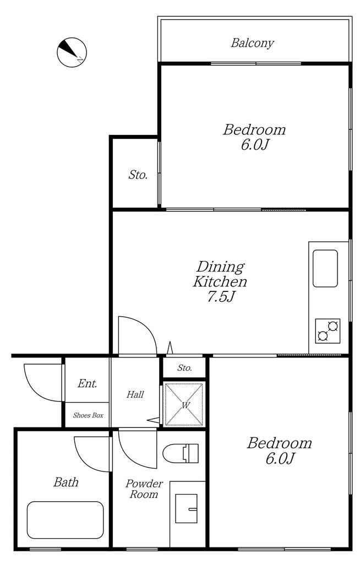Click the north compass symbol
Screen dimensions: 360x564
[x=72, y=52]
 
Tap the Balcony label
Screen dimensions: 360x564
[x=253, y=43]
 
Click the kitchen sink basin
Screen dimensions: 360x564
[x=325, y=268]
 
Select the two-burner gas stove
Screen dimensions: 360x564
[x=328, y=331]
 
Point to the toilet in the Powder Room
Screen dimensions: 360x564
[x=181, y=453]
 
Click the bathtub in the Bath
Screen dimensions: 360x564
[x=66, y=520]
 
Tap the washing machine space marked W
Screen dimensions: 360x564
[x=184, y=405]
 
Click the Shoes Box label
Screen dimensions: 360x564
[x=88, y=415]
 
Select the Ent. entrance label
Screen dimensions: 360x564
[x=88, y=383]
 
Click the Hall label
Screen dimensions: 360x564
[x=135, y=394]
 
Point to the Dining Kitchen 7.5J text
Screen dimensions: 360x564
[x=220, y=281]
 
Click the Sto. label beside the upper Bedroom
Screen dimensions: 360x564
[x=138, y=175]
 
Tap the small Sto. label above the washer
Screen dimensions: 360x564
[x=184, y=368]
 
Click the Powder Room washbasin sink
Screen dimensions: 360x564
[x=186, y=508]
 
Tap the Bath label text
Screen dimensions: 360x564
[x=66, y=482]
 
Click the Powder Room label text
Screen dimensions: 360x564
[x=144, y=489]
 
